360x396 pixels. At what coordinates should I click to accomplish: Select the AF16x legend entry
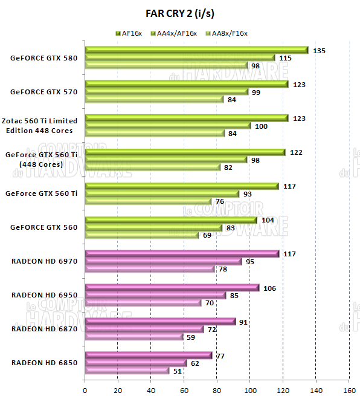coord(128,33)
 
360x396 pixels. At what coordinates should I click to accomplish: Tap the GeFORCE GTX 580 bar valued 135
coord(196,50)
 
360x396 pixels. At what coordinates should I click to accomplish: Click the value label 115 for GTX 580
coord(286,58)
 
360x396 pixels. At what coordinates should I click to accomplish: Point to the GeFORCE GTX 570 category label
coord(44,92)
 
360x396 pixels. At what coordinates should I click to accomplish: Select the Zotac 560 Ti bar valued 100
coord(167,126)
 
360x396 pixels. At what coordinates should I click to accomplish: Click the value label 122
coord(296,152)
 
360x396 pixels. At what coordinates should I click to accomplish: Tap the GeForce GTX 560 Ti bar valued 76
coord(148,201)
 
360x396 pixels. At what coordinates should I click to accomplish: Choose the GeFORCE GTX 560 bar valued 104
coord(171,220)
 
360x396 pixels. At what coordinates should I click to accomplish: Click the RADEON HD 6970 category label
coord(45,261)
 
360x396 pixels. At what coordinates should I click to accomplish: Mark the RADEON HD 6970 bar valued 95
coord(163,261)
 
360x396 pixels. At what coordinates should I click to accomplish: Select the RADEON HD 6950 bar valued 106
coord(172,288)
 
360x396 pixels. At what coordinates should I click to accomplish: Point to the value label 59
coord(191,337)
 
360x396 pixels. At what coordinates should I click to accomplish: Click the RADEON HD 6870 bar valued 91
coord(160,322)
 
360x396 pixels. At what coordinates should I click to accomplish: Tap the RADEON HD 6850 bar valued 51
coord(127,371)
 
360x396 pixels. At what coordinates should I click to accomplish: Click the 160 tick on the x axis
coord(349,390)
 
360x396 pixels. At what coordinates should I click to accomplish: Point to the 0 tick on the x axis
coord(85,390)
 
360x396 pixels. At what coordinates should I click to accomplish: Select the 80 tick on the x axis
coord(217,390)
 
